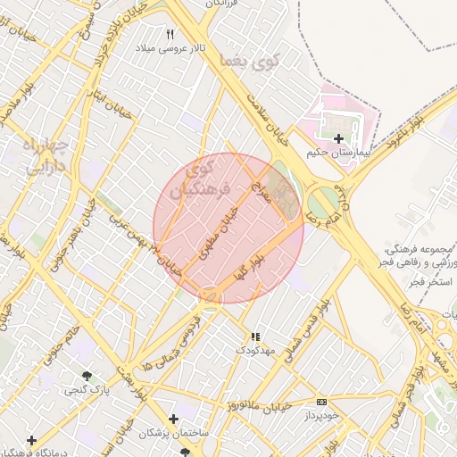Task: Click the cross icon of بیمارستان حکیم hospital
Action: (x=338, y=138)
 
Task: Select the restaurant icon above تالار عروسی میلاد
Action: (x=170, y=34)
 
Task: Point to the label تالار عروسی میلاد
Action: (x=170, y=47)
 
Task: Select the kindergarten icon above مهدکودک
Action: (x=255, y=337)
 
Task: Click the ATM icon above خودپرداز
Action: (x=321, y=403)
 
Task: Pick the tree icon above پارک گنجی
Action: (x=87, y=377)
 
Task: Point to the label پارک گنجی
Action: (x=87, y=390)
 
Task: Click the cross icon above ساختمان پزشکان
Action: (x=173, y=419)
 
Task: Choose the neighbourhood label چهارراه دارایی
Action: (x=42, y=155)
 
